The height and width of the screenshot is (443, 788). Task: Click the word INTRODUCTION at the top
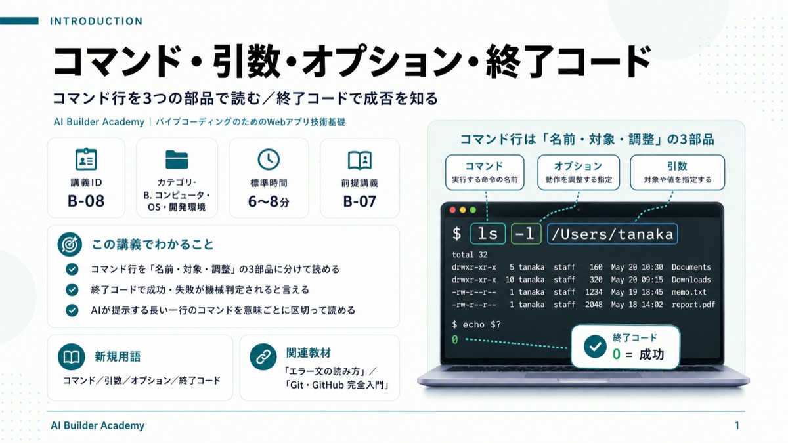click(x=96, y=21)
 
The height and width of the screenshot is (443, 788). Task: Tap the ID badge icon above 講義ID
click(x=86, y=159)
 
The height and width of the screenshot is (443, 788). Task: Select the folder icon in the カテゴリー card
click(x=177, y=159)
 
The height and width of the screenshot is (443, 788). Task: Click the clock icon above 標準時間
click(x=269, y=159)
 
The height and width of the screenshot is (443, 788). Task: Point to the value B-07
click(x=360, y=201)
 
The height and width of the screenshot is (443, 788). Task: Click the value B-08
click(x=86, y=201)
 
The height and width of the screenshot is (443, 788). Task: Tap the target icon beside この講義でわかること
click(x=70, y=244)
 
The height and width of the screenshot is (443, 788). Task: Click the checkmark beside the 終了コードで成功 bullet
click(x=72, y=289)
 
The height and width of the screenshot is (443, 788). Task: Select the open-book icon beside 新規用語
click(x=72, y=357)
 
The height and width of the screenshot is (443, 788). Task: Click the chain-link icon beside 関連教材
click(x=263, y=357)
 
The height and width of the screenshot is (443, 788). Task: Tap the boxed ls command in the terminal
click(x=488, y=234)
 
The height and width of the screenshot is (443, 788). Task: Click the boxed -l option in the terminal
click(x=526, y=234)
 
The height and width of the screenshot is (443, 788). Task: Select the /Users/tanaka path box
click(x=613, y=234)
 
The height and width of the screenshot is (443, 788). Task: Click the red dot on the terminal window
click(x=452, y=210)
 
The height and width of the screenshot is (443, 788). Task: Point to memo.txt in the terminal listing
click(x=689, y=292)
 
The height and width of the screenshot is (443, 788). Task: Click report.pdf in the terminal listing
click(x=693, y=305)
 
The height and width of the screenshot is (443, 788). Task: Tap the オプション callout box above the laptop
click(x=579, y=172)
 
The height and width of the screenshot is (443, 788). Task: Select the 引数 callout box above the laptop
click(x=677, y=172)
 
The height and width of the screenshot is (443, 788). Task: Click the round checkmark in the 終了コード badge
click(x=595, y=347)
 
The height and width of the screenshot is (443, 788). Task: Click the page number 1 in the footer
click(x=737, y=425)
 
